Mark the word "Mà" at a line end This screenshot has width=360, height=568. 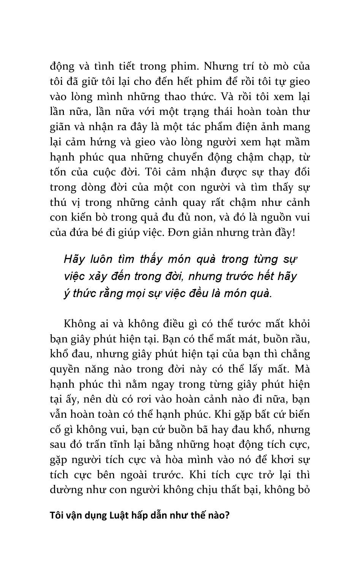[302, 369]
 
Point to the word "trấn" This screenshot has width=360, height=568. [96, 444]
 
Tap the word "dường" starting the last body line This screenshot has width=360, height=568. [63, 490]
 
